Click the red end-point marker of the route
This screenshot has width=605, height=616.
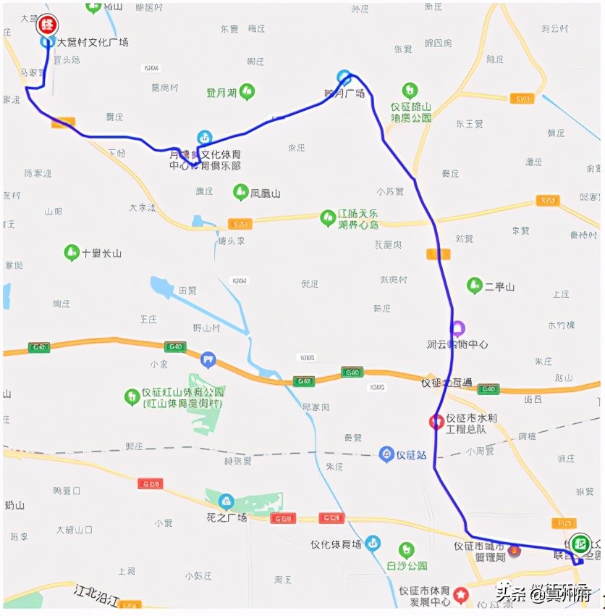pyautogui.click(x=48, y=25)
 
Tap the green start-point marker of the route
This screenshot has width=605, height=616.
pyautogui.click(x=579, y=543)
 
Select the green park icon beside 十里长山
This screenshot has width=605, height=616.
pyautogui.click(x=72, y=253)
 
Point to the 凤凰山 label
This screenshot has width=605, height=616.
pyautogui.click(x=265, y=193)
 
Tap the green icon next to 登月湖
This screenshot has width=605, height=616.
pyautogui.click(x=247, y=92)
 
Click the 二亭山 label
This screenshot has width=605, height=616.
pyautogui.click(x=499, y=286)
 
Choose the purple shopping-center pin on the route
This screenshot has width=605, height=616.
pyautogui.click(x=457, y=328)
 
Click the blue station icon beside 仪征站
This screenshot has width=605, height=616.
pyautogui.click(x=386, y=454)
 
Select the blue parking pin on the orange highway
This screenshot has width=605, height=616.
pyautogui.click(x=208, y=359)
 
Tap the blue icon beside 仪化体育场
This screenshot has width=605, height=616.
pyautogui.click(x=372, y=543)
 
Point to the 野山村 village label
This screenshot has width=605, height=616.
pyautogui.click(x=206, y=328)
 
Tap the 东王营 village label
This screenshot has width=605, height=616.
pyautogui.click(x=468, y=124)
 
